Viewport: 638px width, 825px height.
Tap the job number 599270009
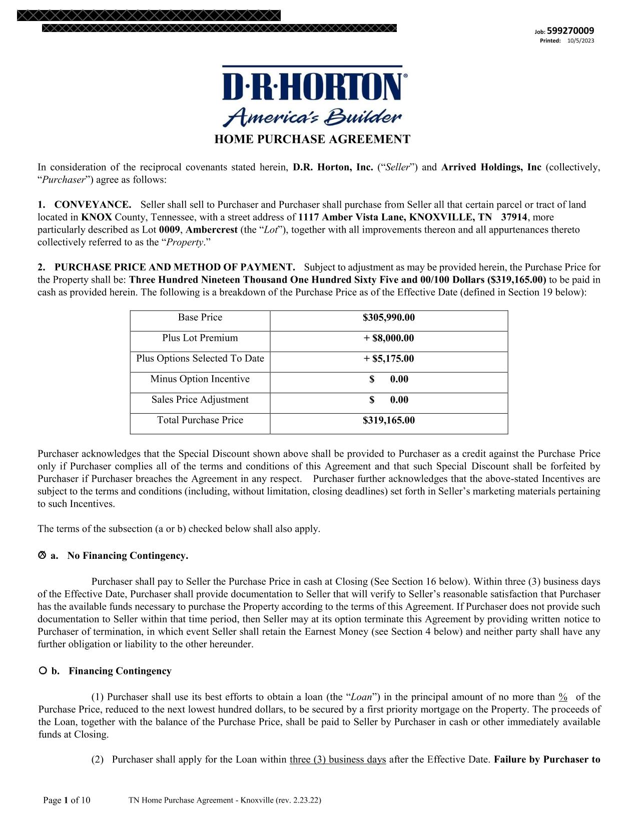[570, 31]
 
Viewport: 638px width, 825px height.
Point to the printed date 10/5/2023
[581, 41]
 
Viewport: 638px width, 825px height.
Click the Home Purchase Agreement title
[312, 139]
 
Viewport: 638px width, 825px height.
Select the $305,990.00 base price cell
[388, 318]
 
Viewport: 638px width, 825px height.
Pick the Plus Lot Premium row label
[200, 338]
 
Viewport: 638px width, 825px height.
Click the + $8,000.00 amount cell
[388, 338]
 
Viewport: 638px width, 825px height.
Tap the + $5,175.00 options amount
[388, 359]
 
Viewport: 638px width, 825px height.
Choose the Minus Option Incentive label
[200, 379]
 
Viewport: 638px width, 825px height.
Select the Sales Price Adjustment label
[200, 400]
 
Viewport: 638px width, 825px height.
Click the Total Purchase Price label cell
[200, 420]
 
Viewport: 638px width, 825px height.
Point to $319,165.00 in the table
[388, 420]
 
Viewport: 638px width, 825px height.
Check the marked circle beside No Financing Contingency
[42, 555]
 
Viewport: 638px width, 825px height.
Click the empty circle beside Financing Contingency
[43, 670]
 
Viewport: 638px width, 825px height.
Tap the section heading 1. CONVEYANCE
[85, 205]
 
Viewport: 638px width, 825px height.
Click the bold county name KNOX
[97, 217]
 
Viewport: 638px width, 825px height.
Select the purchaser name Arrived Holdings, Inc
[491, 167]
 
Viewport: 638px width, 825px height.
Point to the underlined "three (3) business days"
[338, 759]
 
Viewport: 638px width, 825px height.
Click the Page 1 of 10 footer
[67, 800]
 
